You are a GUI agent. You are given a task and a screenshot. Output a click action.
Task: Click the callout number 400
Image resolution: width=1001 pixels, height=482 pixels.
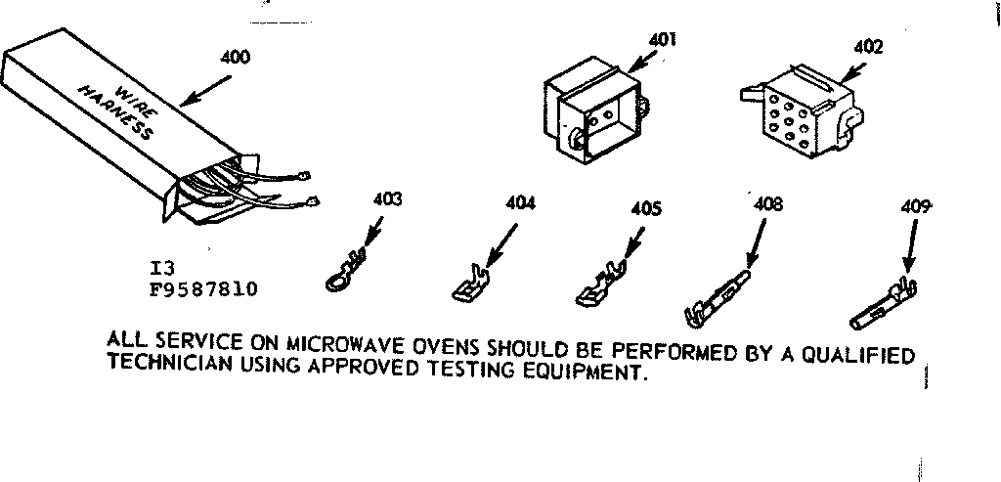[x=236, y=57]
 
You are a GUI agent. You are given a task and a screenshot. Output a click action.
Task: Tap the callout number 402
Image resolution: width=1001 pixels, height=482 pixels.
[x=867, y=46]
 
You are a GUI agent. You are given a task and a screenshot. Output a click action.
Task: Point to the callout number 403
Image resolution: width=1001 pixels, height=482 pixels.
[x=388, y=200]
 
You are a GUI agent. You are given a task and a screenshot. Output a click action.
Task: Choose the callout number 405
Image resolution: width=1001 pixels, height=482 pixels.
[x=645, y=208]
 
